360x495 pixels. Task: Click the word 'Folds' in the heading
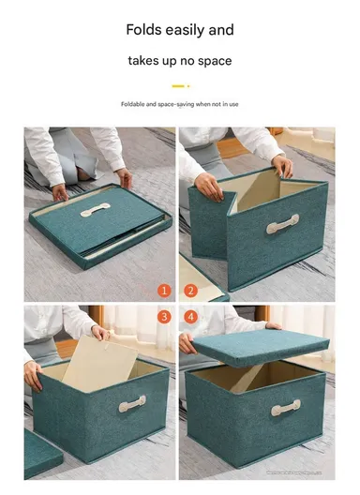[x=143, y=30]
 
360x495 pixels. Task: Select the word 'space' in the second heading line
[x=212, y=61]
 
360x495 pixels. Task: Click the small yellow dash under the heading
[x=179, y=85]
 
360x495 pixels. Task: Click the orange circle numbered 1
[x=163, y=290]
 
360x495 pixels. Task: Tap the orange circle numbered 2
[x=190, y=290]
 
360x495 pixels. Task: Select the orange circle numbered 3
[x=163, y=317]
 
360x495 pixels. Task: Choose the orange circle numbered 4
[x=190, y=317]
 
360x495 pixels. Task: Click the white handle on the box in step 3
[x=131, y=404]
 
